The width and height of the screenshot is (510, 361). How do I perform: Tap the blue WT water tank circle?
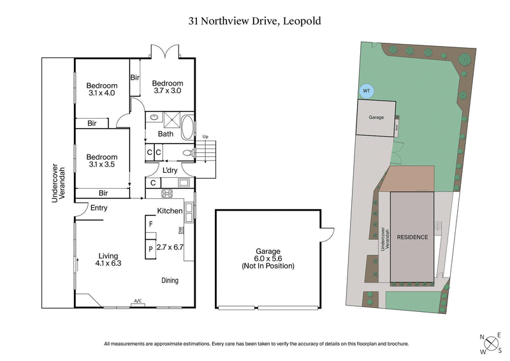[x=366, y=91]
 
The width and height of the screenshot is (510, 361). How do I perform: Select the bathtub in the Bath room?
[x=187, y=128]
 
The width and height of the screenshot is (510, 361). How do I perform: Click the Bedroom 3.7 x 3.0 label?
[x=168, y=87]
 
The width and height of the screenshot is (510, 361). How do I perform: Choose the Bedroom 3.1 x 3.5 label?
[x=102, y=161]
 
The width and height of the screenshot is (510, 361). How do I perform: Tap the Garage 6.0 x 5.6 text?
[x=268, y=258]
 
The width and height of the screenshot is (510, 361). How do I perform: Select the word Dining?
[x=170, y=280]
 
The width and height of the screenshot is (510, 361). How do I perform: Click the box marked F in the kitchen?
[x=150, y=225]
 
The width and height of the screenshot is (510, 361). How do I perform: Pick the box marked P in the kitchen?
[x=150, y=249]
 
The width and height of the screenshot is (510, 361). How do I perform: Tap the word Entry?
[x=99, y=208]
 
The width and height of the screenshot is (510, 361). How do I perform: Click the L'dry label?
[x=170, y=170]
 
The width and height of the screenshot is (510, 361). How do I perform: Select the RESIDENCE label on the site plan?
[x=413, y=237]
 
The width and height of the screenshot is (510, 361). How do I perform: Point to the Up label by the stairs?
[x=205, y=137]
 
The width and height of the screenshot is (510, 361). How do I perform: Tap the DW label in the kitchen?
[x=181, y=230]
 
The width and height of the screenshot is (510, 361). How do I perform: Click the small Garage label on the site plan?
[x=376, y=117]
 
